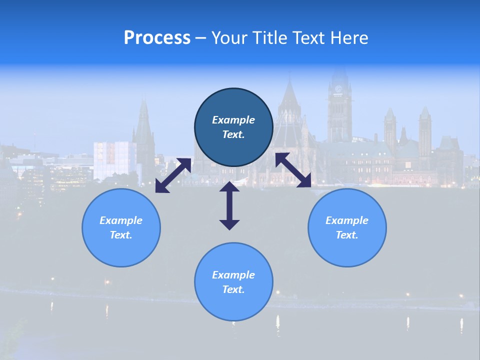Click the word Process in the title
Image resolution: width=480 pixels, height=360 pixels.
tap(157, 38)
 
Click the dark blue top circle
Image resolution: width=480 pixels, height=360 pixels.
tap(233, 127)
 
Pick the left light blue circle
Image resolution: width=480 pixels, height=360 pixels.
tap(121, 227)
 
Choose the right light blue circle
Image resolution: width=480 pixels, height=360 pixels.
tap(347, 227)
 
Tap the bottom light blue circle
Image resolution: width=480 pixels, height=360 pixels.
tap(233, 282)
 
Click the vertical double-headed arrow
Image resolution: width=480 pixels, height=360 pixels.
tap(229, 205)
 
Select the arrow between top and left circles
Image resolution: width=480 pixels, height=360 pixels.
tap(173, 175)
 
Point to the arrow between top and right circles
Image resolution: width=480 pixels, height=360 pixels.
tap(293, 170)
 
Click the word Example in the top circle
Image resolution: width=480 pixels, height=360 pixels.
tap(233, 120)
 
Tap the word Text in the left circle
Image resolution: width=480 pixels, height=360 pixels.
tap(121, 235)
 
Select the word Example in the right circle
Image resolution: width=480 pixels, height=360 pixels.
tap(347, 220)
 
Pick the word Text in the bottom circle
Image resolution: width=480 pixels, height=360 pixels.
tap(233, 289)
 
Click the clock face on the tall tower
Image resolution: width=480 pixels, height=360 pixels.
tap(338, 88)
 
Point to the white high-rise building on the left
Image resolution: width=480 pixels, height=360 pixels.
tap(114, 160)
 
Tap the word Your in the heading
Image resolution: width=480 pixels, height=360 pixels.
tap(229, 38)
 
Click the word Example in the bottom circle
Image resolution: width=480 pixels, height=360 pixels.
tap(233, 275)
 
